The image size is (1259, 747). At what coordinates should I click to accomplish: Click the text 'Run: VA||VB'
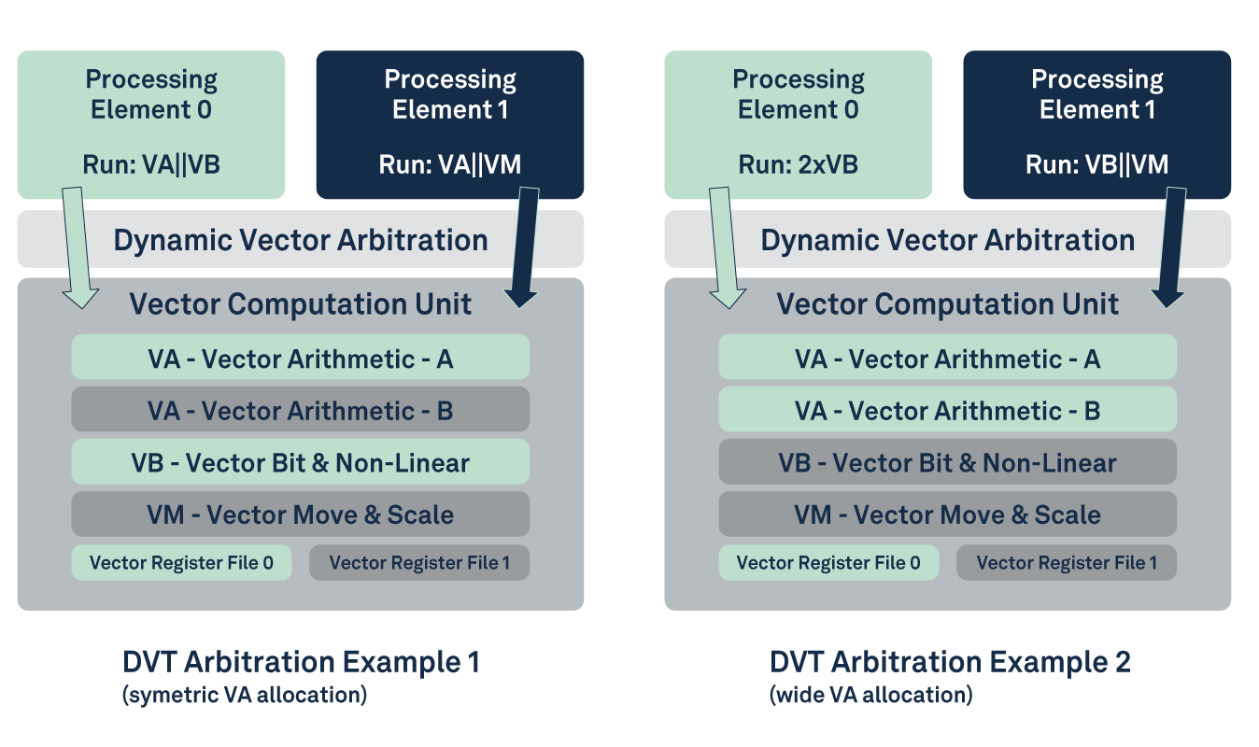(151, 165)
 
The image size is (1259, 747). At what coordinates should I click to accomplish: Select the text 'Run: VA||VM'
(450, 165)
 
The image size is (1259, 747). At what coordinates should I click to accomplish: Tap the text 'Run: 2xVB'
(799, 165)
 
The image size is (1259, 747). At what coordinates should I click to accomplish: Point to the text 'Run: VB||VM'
(1096, 165)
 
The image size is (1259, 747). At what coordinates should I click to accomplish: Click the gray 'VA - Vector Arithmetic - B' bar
(300, 410)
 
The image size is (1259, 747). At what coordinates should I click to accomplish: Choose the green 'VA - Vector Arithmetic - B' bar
(947, 410)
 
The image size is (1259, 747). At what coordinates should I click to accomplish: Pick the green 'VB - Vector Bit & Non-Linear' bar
(300, 462)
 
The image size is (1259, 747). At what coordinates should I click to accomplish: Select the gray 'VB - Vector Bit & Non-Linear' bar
(947, 462)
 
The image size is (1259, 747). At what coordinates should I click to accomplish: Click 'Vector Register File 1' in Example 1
(419, 562)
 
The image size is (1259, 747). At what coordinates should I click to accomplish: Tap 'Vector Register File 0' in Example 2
(828, 562)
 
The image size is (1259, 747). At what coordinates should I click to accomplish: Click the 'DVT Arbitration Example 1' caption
(301, 662)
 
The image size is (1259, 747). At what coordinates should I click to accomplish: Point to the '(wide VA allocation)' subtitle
(870, 696)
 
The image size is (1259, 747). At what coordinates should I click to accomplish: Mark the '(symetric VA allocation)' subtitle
(245, 696)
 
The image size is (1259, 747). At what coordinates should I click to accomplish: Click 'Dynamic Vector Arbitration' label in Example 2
(947, 240)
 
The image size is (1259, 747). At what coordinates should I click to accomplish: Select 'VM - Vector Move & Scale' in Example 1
(300, 514)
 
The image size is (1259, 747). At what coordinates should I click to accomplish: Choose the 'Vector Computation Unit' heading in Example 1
(300, 303)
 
